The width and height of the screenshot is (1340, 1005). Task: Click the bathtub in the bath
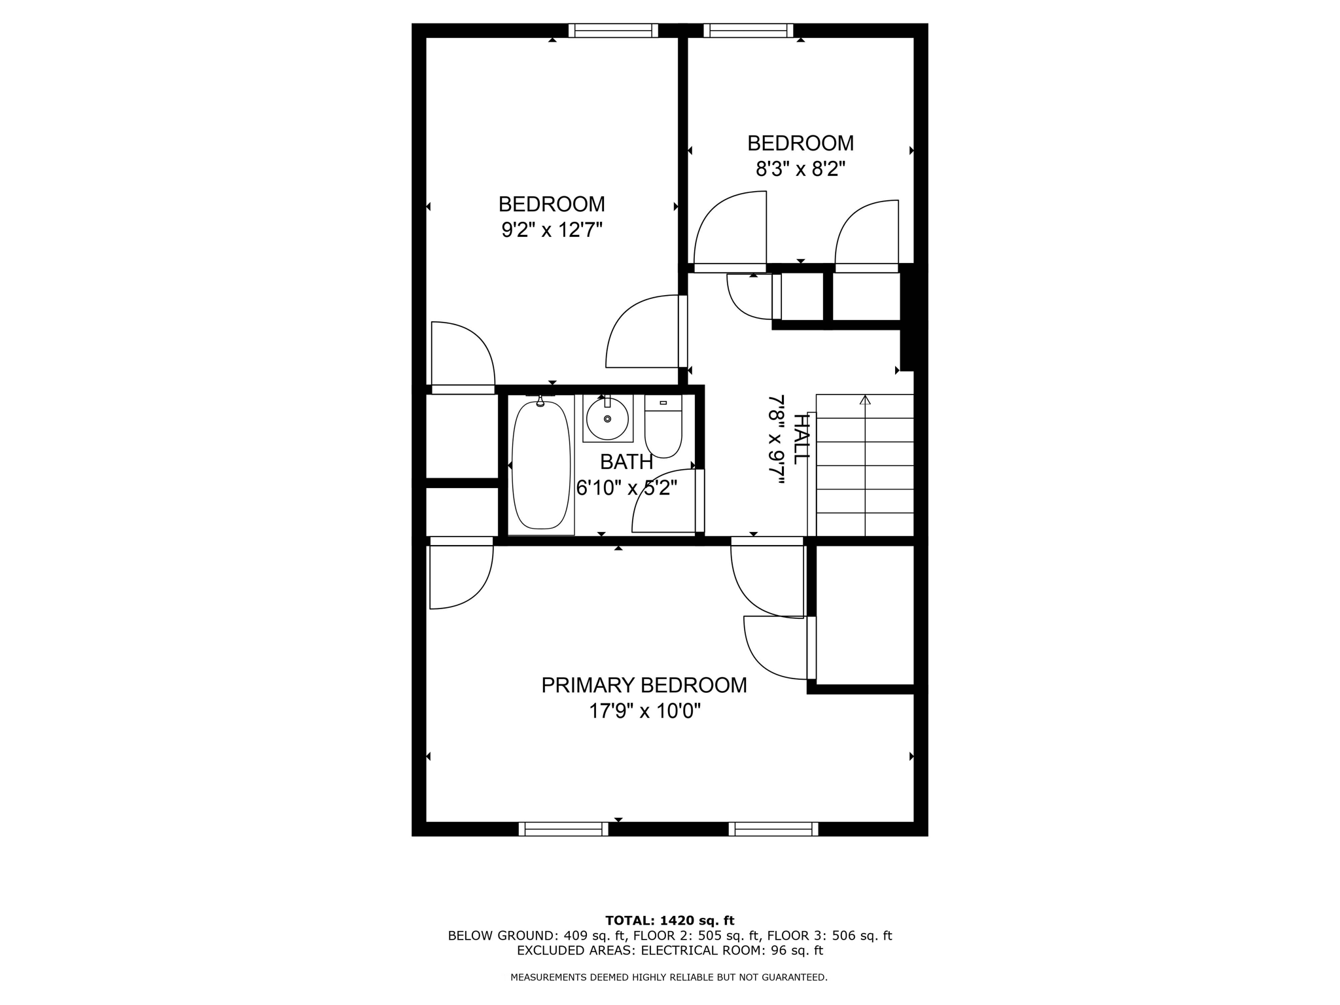pyautogui.click(x=540, y=466)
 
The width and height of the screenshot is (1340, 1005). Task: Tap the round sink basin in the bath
pyautogui.click(x=607, y=419)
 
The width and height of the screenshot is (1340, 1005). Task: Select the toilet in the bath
pyautogui.click(x=663, y=429)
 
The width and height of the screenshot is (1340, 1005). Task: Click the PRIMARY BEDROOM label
pyautogui.click(x=644, y=685)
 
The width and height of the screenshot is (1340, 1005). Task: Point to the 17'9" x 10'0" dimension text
pyautogui.click(x=644, y=711)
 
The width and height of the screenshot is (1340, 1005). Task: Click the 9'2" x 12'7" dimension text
pyautogui.click(x=552, y=230)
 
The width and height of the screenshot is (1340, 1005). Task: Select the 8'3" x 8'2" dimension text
pyautogui.click(x=800, y=169)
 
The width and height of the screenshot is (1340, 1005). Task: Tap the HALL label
pyautogui.click(x=800, y=439)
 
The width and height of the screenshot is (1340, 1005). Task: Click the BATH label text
pyautogui.click(x=626, y=462)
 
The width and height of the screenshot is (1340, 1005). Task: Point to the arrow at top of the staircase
pyautogui.click(x=865, y=400)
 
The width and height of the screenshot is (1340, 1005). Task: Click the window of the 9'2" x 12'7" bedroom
pyautogui.click(x=613, y=31)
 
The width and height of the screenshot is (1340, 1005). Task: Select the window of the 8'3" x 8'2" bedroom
pyautogui.click(x=749, y=31)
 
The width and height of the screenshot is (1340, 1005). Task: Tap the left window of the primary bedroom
pyautogui.click(x=563, y=829)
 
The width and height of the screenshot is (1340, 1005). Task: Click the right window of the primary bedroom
pyautogui.click(x=773, y=829)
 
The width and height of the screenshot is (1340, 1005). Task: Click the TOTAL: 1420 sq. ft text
pyautogui.click(x=669, y=921)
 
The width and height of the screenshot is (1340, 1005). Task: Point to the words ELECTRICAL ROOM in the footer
pyautogui.click(x=700, y=951)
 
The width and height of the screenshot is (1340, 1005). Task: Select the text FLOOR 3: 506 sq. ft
pyautogui.click(x=829, y=936)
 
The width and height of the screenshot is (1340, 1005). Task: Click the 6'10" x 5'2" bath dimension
pyautogui.click(x=626, y=488)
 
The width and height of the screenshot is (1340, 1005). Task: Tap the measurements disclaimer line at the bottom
pyautogui.click(x=669, y=978)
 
